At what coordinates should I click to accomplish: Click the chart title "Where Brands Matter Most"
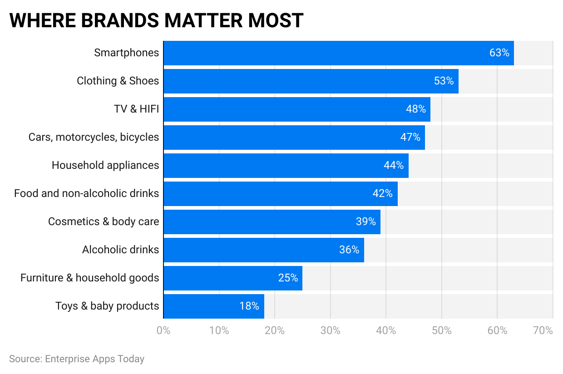click(x=156, y=20)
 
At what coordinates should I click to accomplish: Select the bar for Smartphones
click(x=338, y=53)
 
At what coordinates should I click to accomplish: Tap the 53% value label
click(x=444, y=81)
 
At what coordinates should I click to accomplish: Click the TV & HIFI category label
click(x=136, y=109)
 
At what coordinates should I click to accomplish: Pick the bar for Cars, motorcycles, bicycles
click(x=294, y=138)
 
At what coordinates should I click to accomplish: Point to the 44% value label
click(x=394, y=166)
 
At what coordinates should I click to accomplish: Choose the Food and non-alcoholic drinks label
click(x=87, y=193)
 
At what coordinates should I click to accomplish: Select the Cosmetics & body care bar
click(x=272, y=222)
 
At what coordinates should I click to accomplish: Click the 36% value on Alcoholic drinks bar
click(x=349, y=250)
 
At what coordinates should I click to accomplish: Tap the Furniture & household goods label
click(x=90, y=278)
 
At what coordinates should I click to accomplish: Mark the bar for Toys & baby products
click(x=213, y=306)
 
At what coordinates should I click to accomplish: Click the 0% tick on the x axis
click(x=163, y=330)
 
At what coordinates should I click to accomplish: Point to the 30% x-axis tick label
click(x=331, y=330)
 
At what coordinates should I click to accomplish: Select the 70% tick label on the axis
click(x=543, y=330)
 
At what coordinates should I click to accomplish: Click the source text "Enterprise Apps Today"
click(x=94, y=359)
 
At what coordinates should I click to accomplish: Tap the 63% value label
click(x=499, y=53)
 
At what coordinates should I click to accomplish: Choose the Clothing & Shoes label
click(x=118, y=81)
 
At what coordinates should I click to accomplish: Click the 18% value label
click(x=249, y=306)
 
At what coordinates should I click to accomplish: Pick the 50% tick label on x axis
click(x=442, y=330)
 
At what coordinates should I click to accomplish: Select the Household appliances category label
click(x=105, y=165)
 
